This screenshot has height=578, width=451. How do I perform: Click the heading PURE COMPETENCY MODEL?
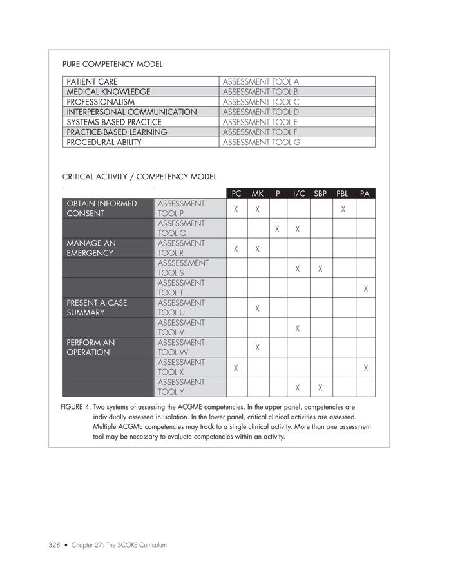pos(112,64)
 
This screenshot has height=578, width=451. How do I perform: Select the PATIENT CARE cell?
pos(91,82)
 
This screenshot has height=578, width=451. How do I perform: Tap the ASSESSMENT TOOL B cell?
pos(260,92)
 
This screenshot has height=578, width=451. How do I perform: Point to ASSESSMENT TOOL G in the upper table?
pos(261,143)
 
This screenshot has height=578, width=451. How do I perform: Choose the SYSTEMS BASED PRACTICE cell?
pos(114,122)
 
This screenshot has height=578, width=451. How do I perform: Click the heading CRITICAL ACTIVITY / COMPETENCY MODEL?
pos(139,177)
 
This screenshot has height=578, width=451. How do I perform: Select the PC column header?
pos(236,194)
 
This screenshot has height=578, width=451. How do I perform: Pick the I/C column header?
pos(298,194)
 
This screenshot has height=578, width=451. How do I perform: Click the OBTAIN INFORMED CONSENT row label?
pos(102,209)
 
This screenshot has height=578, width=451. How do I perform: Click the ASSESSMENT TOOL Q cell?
pos(181,228)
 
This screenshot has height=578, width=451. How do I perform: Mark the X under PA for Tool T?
pos(366,288)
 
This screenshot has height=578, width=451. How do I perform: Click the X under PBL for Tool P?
pos(343,209)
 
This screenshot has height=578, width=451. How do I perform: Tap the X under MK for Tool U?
pos(257,308)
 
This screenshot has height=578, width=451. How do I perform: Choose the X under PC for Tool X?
pos(236,368)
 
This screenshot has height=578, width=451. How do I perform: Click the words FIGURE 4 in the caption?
pos(75,408)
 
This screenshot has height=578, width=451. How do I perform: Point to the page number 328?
pos(53,546)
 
